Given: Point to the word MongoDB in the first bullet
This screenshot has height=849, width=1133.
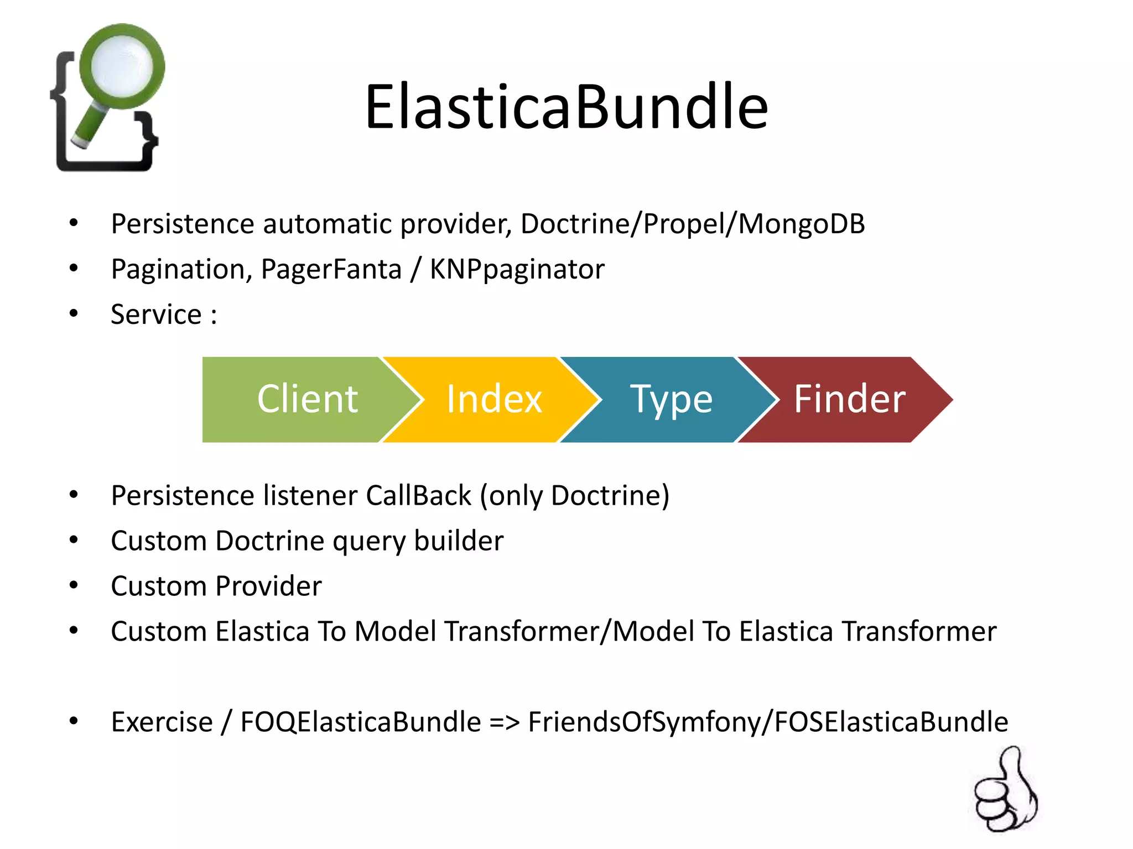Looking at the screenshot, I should [802, 224].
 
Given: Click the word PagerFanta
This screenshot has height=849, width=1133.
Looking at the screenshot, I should [331, 270].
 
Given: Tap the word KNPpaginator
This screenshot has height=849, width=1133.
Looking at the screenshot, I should [517, 270].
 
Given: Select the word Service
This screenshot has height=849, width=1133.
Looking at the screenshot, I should [156, 315].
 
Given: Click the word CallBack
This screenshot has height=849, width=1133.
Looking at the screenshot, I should [418, 495].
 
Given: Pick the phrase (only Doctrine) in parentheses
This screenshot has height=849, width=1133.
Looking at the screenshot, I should [574, 495].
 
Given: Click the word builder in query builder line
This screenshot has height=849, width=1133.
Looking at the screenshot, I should [459, 541].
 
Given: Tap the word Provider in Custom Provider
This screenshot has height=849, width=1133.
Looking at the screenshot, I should [268, 586].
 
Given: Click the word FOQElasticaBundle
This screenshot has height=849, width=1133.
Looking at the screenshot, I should [360, 722].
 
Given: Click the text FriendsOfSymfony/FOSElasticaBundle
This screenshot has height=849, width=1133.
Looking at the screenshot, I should [767, 722].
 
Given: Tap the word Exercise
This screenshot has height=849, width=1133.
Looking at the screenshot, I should [162, 722].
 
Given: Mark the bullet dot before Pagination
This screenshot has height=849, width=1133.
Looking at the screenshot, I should [74, 269].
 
